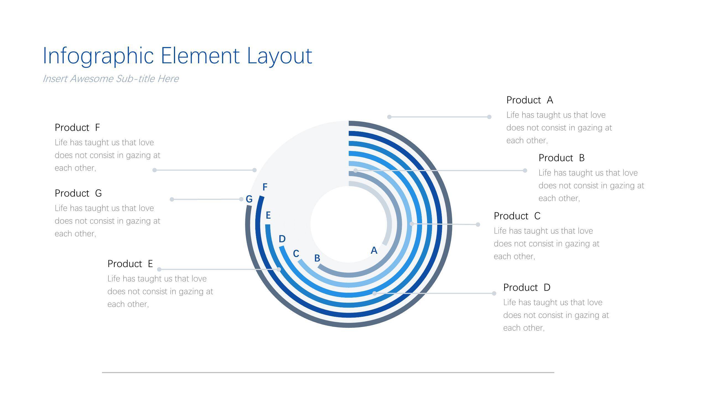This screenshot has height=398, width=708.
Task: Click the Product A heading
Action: pos(530,100)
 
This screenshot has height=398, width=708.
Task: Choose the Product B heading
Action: pos(561,158)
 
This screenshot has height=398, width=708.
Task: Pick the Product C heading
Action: pos(517,216)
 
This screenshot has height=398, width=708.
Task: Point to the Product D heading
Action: pos(527,287)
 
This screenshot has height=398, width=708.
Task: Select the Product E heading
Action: pos(130,264)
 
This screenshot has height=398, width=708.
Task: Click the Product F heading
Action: pos(77,127)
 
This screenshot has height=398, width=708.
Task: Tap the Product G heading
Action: pos(78,193)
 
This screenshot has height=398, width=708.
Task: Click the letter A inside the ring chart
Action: pos(374,250)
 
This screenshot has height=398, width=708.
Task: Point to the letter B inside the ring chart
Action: pos(317,258)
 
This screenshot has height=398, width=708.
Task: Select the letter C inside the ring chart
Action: pos(296,253)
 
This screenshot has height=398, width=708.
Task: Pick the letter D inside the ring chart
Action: pos(282,239)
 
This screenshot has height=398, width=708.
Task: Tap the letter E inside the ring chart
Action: pos(268,215)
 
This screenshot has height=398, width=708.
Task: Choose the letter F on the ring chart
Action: pos(265,187)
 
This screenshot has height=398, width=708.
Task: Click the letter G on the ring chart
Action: pos(249,199)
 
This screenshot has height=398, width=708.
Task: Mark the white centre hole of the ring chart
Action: pos(349,224)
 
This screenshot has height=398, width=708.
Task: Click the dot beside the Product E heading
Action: pos(159,269)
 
